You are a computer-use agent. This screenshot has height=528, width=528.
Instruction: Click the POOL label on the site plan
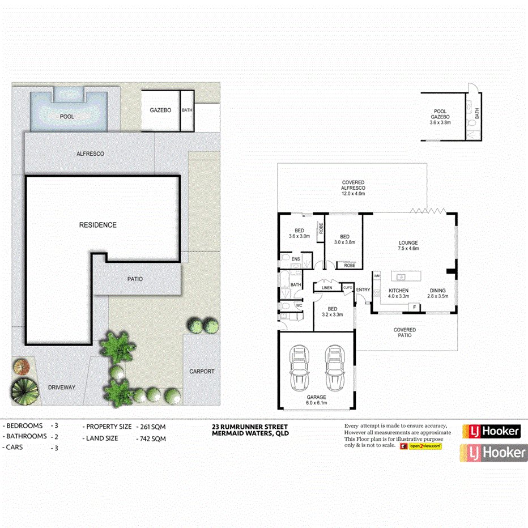pos(67,117)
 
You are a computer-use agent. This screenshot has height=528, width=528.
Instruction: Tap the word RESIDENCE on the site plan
pos(97,225)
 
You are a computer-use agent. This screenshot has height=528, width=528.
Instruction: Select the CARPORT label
pos(202,372)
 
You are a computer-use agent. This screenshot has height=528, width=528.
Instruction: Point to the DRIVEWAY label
pos(61,388)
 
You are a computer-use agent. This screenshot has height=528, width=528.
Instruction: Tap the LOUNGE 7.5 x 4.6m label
pos(408,246)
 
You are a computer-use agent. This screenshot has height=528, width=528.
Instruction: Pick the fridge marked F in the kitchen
pos(414,307)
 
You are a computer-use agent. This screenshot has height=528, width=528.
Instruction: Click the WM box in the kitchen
pos(377,276)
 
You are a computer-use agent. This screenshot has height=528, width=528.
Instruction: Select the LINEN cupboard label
pos(326,288)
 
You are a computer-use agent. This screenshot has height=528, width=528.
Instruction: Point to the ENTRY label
pos(363,291)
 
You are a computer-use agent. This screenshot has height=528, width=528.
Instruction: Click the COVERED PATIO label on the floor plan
pos(404,333)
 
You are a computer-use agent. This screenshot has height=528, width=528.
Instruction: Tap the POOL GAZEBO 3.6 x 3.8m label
pos(440,117)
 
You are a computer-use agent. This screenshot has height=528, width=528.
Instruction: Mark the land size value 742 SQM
pos(151,438)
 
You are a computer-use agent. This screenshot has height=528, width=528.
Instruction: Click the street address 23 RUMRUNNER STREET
pos(249,427)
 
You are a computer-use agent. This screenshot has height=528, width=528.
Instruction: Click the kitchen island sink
pos(401,276)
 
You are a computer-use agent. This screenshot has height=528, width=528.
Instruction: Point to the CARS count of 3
pos(54,448)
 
